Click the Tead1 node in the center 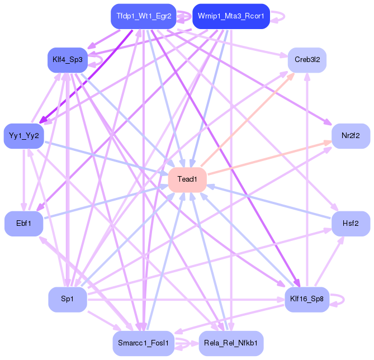pos(187,179)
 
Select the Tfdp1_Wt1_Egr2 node pos(144,16)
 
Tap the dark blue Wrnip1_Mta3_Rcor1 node pos(231,16)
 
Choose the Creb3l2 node pos(307,59)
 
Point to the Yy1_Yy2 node pos(23,136)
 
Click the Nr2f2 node pos(351,136)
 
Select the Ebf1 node pos(23,224)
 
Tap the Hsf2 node pos(351,224)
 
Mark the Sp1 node pos(67,300)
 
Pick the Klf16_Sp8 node pos(307,300)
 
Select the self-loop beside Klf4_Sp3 pos(100,58)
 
